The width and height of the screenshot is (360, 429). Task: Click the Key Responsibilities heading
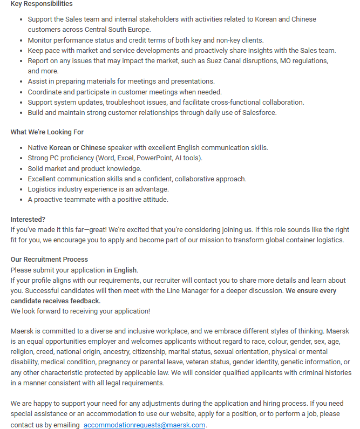42,4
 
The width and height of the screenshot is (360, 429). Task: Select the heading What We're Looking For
47,132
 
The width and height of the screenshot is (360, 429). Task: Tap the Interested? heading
28,219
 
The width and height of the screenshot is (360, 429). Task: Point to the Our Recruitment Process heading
49,260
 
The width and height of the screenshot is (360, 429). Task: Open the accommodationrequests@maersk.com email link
144,425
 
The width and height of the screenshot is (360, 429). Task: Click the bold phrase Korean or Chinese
77,147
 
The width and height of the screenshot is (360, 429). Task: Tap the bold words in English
121,270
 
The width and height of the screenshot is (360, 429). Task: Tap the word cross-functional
231,102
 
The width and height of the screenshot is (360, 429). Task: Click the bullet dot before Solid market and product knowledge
21,169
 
